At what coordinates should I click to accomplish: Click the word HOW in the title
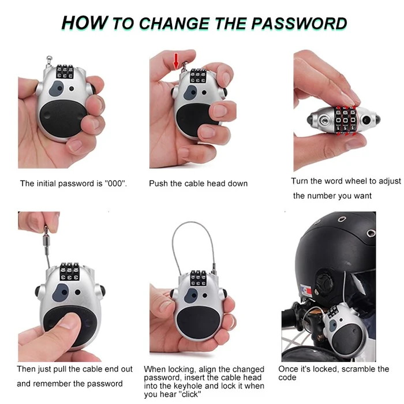click(x=84, y=23)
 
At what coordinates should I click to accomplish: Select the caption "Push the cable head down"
click(x=198, y=184)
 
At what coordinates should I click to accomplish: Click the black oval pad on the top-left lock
click(x=62, y=118)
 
